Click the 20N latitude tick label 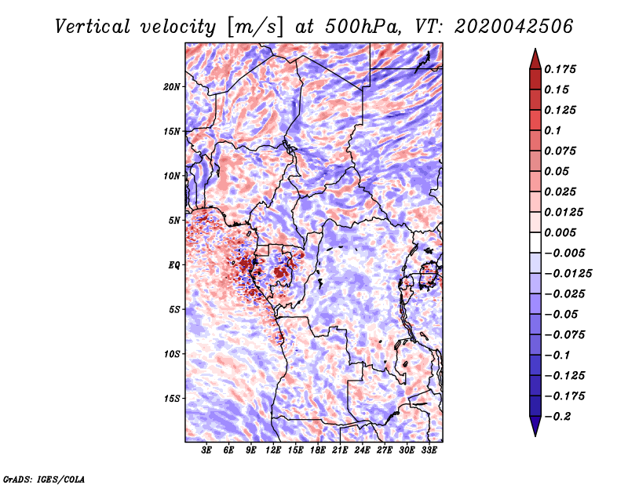(x=172, y=87)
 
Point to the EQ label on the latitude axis (x=174, y=265)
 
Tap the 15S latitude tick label (x=172, y=399)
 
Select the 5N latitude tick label (x=174, y=221)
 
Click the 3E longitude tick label (x=206, y=450)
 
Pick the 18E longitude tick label (x=318, y=450)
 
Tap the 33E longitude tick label (x=429, y=450)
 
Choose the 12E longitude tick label (x=273, y=450)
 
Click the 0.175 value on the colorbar (x=560, y=69)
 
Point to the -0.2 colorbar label (x=557, y=417)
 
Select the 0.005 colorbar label (x=560, y=232)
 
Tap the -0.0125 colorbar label (x=568, y=274)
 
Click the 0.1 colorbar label (x=553, y=130)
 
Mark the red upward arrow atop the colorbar (x=535, y=59)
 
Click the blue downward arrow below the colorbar (x=535, y=426)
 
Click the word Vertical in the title (x=93, y=27)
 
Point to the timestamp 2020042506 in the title (x=514, y=27)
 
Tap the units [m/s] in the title (x=254, y=27)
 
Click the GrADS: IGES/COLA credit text (x=44, y=479)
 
